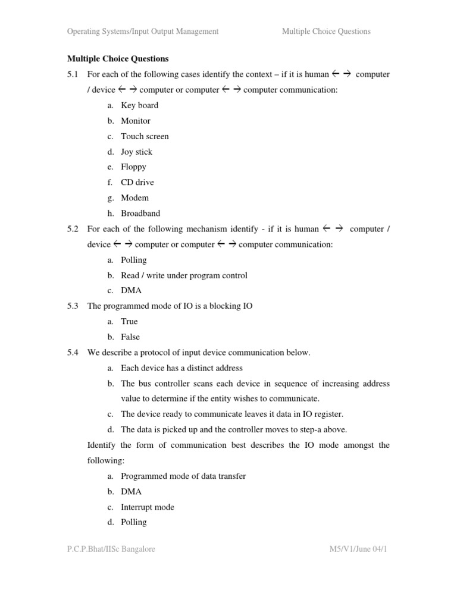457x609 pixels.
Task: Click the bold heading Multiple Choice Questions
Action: click(118, 59)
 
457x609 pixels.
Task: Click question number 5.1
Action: click(73, 74)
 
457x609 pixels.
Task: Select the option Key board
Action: click(139, 105)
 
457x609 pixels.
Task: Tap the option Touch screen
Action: click(145, 136)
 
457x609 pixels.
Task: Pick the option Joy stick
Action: click(136, 152)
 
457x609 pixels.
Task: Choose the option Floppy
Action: click(133, 167)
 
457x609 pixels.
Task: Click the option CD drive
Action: click(137, 183)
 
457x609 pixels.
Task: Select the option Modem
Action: click(134, 198)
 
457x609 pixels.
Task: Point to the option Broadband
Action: click(140, 214)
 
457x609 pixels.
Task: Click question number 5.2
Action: click(73, 229)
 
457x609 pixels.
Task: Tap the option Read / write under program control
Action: click(184, 275)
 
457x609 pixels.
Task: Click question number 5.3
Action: click(73, 306)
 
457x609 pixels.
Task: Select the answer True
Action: click(129, 322)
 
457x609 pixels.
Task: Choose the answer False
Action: click(130, 337)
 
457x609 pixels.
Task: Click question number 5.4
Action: click(73, 353)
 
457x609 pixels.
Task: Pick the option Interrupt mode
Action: click(148, 507)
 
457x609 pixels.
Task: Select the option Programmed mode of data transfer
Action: click(183, 476)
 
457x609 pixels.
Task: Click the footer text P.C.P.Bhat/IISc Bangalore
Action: click(111, 550)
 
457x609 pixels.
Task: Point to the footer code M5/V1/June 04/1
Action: click(358, 550)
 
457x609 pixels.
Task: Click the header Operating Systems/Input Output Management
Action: click(143, 32)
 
